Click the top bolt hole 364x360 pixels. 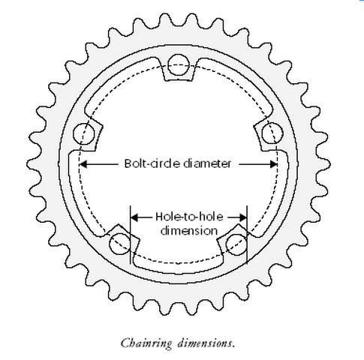[179, 65]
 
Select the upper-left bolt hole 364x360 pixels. [84, 134]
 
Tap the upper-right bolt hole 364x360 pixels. [272, 133]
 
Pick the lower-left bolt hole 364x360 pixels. [120, 244]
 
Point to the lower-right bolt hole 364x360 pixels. [236, 244]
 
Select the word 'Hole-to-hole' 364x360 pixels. [189, 217]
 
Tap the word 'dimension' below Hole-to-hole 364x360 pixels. [189, 230]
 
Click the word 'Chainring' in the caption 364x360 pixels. [146, 343]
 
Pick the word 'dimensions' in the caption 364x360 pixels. [206, 343]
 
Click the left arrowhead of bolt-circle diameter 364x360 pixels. [83, 164]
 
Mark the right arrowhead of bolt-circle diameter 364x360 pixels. [273, 164]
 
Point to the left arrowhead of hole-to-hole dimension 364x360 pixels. [134, 217]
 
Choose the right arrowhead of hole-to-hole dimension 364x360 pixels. [243, 217]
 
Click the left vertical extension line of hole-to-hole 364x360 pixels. [131, 235]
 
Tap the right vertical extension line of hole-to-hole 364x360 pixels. [247, 235]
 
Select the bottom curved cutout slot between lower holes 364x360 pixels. [178, 264]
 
